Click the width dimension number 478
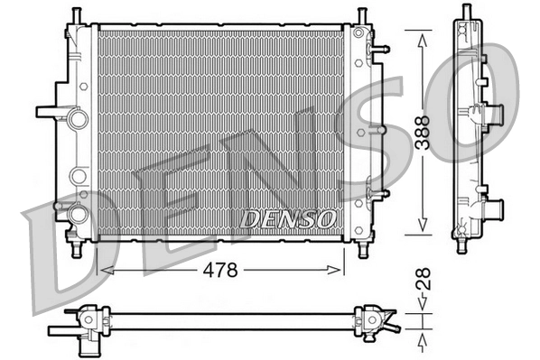click(x=220, y=270)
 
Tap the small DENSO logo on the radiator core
click(x=289, y=219)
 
